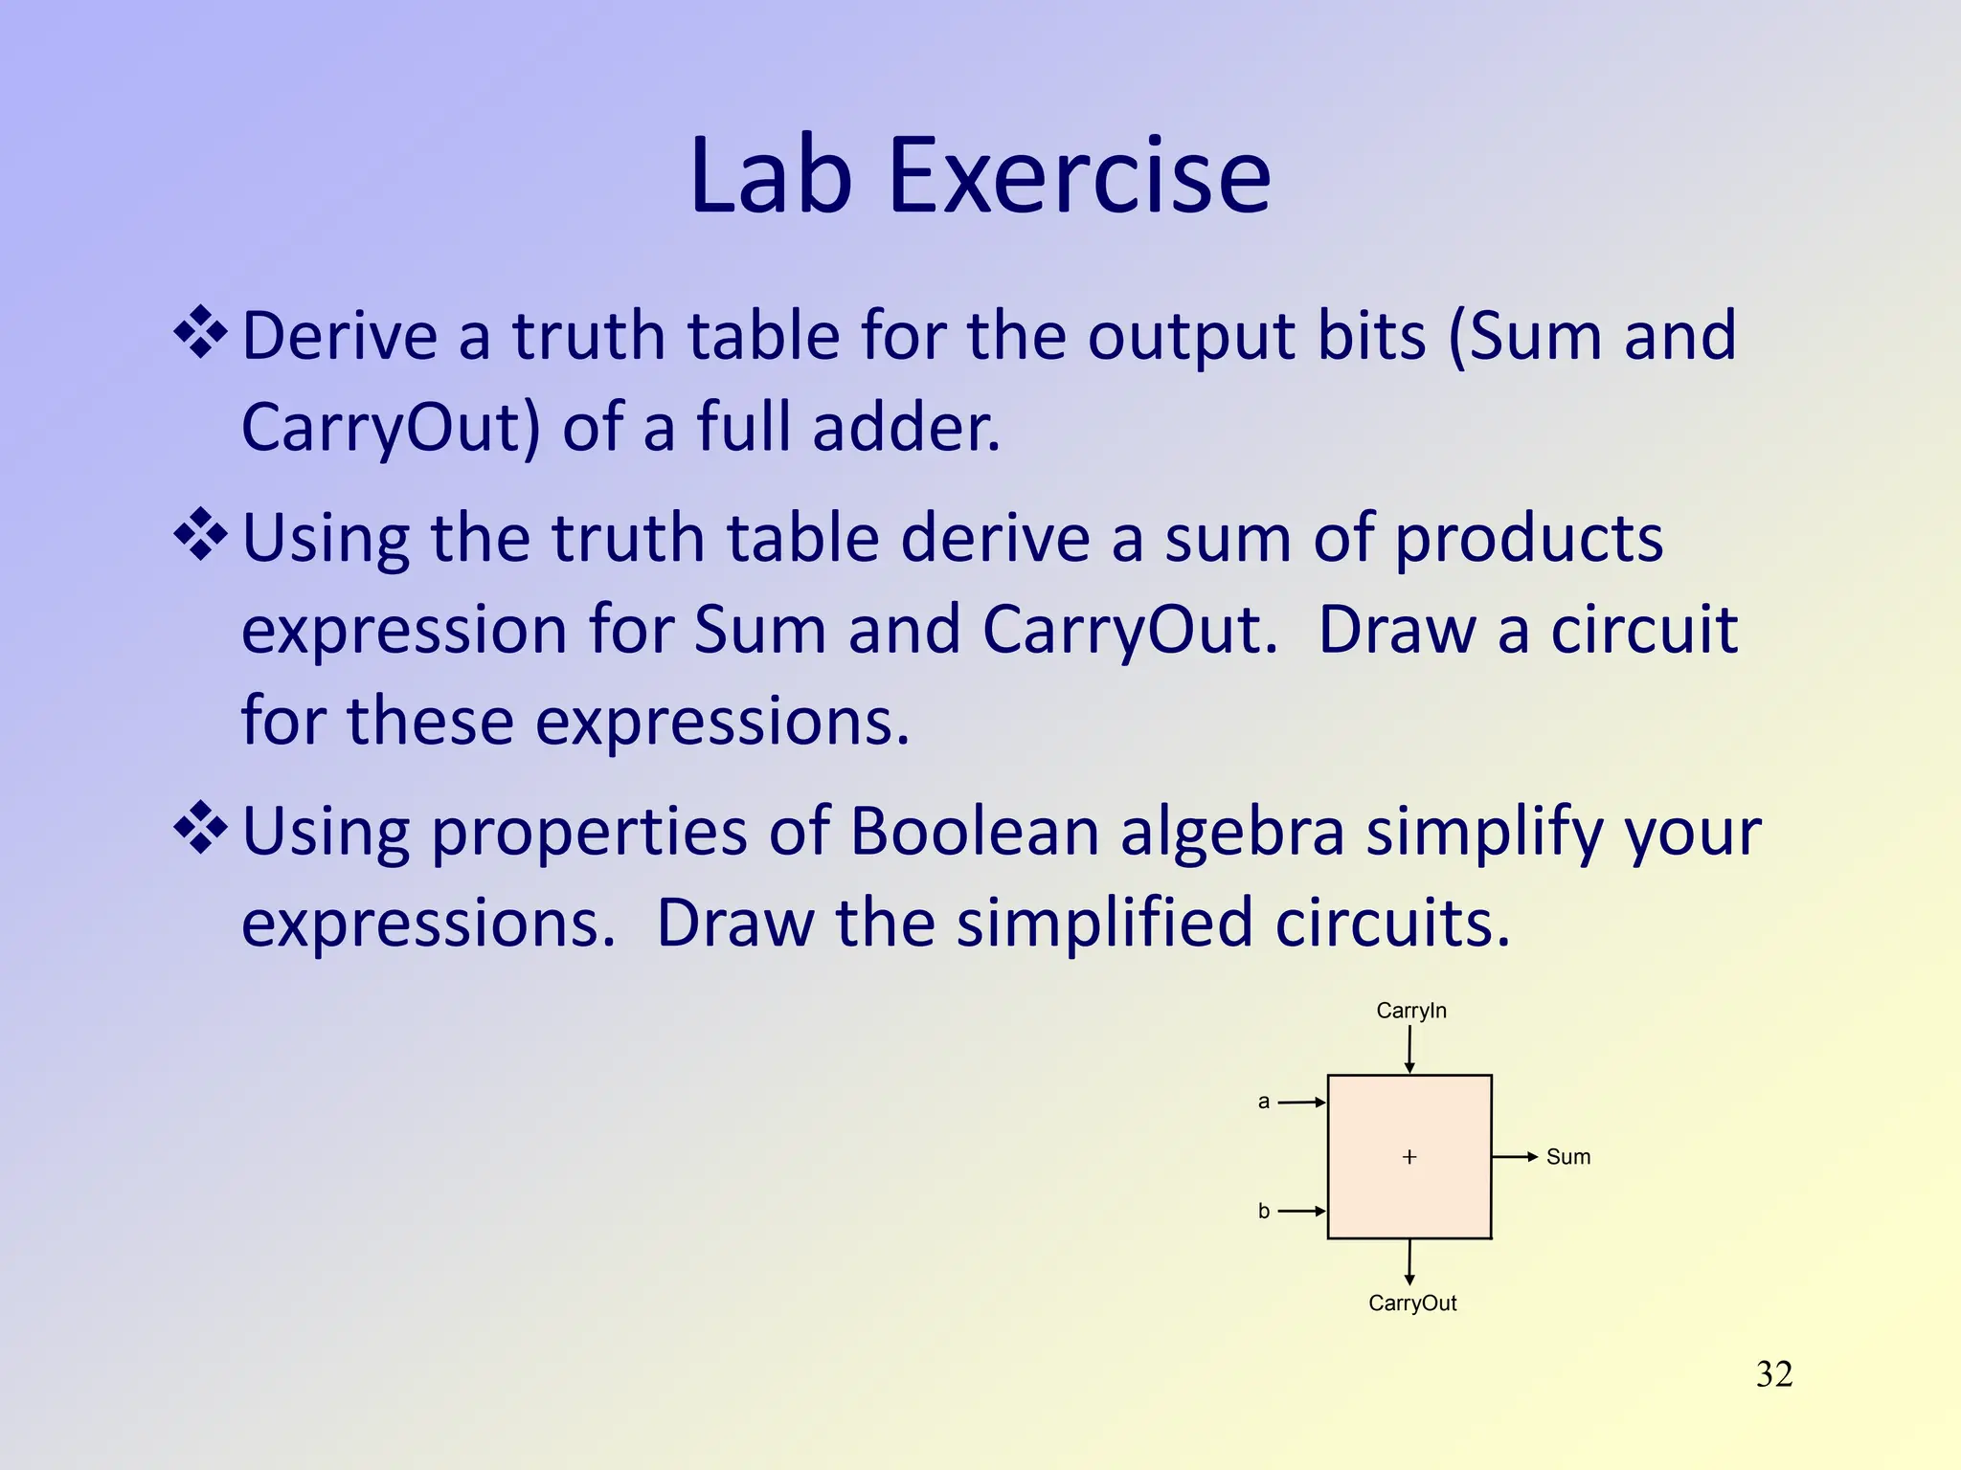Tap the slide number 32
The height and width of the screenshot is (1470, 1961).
pos(1773,1374)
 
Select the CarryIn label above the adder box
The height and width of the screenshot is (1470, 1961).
pos(1410,1011)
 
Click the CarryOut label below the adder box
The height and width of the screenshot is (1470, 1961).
pos(1411,1303)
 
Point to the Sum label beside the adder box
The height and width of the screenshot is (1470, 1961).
pos(1567,1157)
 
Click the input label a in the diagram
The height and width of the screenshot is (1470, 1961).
pos(1263,1102)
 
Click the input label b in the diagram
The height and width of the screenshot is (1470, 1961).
pos(1263,1212)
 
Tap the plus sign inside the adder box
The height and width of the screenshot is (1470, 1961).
pos(1409,1157)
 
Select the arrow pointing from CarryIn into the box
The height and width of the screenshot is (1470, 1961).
pos(1409,1051)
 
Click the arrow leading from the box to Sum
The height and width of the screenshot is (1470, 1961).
pos(1515,1157)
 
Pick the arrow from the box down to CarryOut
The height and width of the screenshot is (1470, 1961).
pos(1409,1261)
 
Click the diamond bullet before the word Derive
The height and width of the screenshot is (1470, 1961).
pos(200,333)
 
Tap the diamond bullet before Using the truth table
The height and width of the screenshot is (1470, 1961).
pos(200,535)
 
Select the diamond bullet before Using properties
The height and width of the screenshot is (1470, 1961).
pos(200,828)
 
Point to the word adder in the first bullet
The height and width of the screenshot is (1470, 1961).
pos(905,427)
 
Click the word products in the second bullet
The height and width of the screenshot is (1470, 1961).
pos(1528,538)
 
